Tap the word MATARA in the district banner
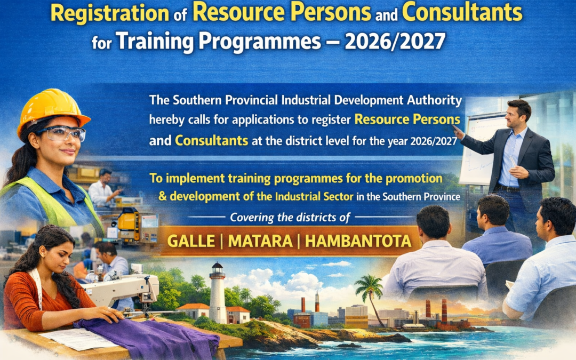click(x=257, y=241)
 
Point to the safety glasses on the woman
click(x=64, y=133)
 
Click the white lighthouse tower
click(x=218, y=294)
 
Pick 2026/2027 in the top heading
click(x=395, y=41)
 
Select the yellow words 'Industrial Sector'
click(x=314, y=196)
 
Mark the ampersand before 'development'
click(x=164, y=196)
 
